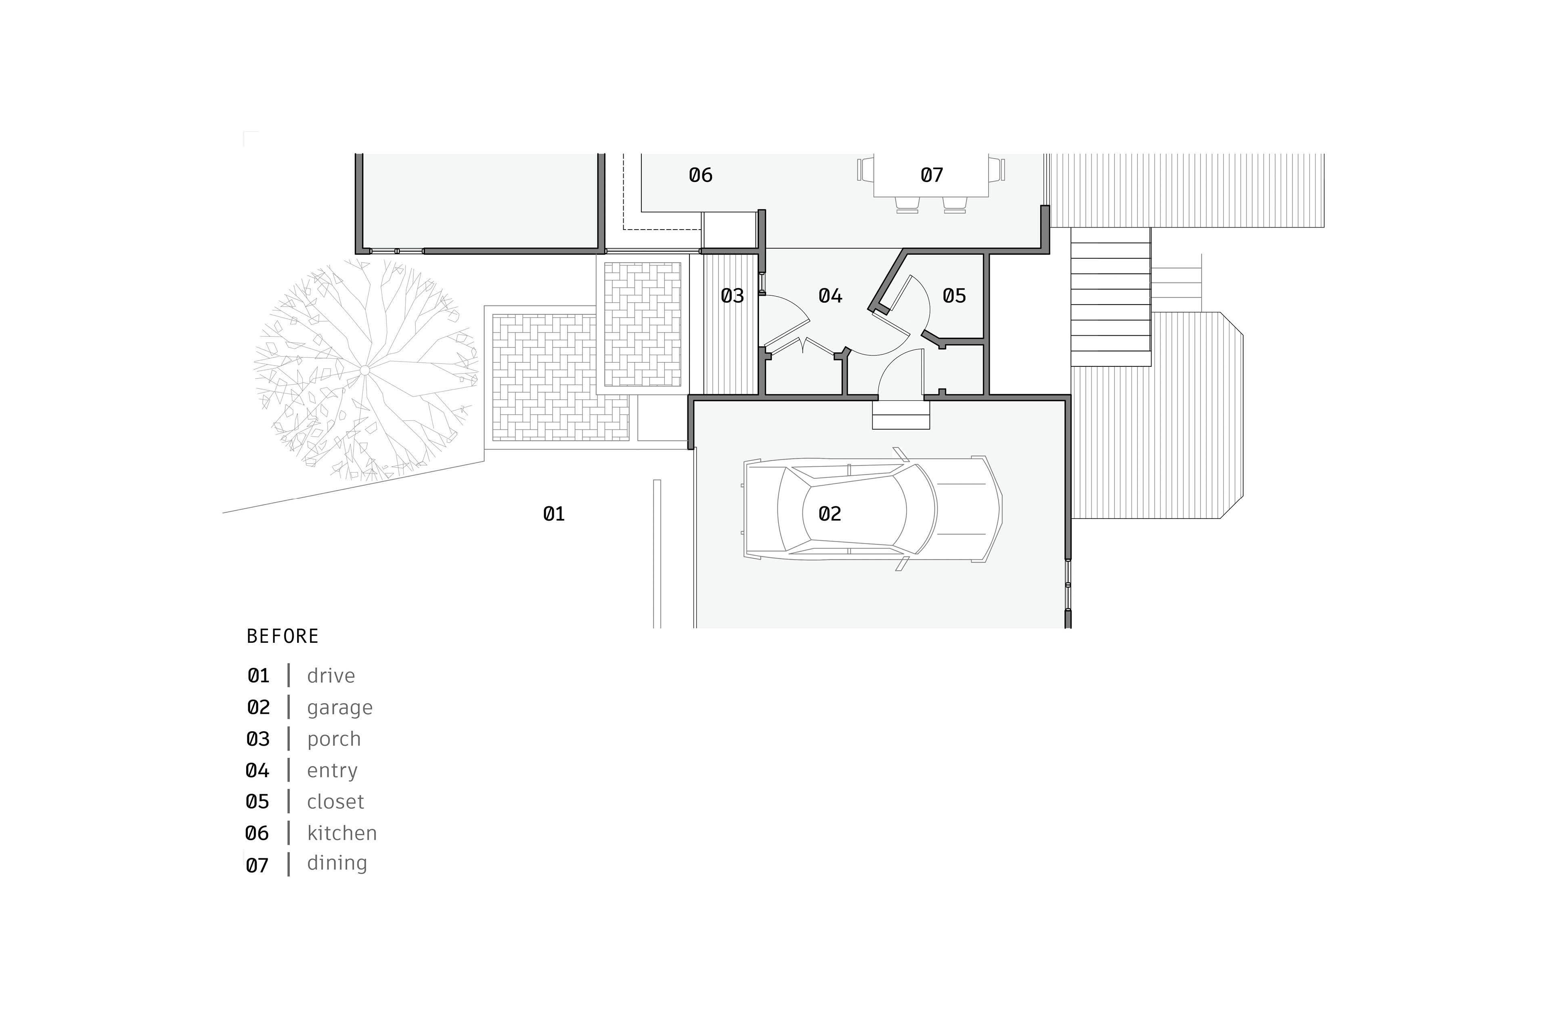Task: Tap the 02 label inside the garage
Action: [830, 514]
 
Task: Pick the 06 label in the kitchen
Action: [701, 175]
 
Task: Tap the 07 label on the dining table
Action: [932, 175]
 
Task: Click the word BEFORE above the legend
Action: [283, 636]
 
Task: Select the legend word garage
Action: [339, 707]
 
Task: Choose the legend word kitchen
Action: [341, 833]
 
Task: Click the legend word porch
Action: [333, 739]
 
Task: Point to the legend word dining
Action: [337, 863]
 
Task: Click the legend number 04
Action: [258, 770]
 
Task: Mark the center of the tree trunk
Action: [364, 371]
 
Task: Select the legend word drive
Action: [331, 676]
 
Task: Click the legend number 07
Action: [258, 865]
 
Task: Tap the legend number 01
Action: [258, 676]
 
